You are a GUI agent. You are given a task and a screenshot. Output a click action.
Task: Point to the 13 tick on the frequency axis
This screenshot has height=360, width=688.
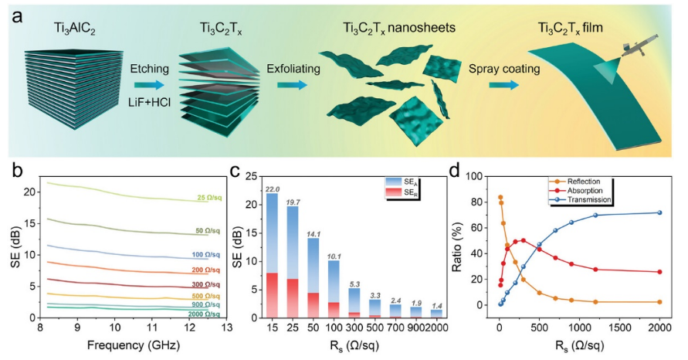pyautogui.click(x=225, y=328)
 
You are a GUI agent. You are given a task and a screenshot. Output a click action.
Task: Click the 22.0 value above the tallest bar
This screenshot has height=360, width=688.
pyautogui.click(x=272, y=188)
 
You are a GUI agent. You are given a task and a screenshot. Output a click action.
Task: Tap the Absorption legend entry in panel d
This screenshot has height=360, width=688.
pyautogui.click(x=588, y=190)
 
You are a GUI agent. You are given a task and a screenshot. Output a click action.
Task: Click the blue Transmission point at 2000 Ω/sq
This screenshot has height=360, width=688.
pyautogui.click(x=659, y=212)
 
